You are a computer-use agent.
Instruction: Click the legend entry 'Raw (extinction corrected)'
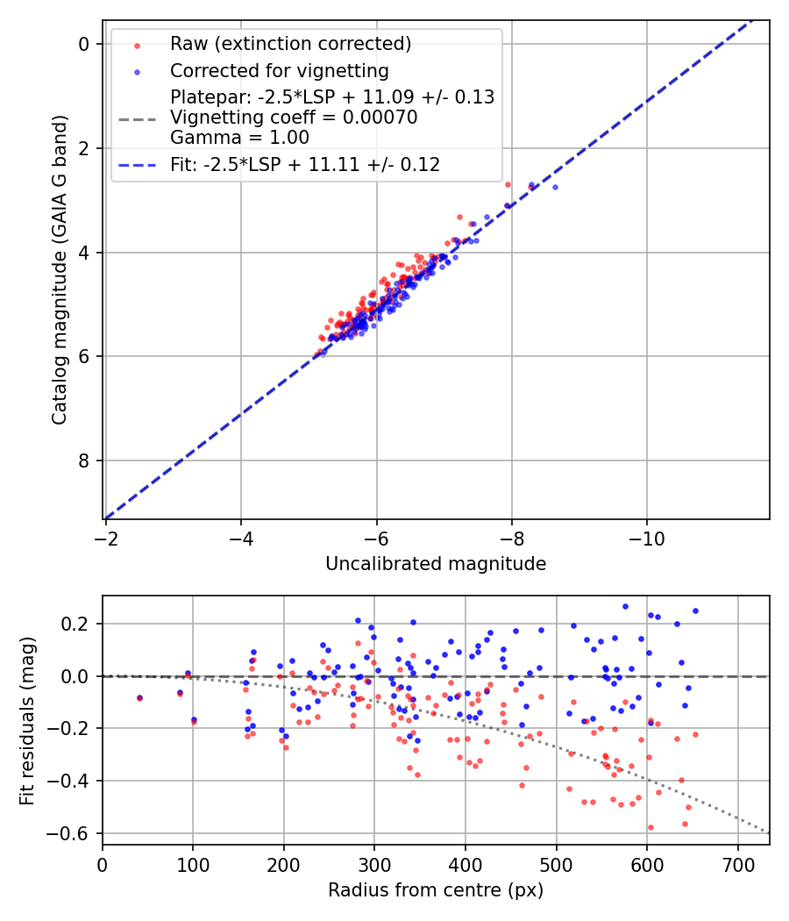[290, 44]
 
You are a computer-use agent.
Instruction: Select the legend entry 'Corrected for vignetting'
[280, 70]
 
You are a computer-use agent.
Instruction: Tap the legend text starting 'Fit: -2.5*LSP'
[305, 164]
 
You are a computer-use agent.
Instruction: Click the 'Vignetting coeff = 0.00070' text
[294, 117]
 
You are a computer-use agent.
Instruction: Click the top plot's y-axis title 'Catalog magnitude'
[59, 268]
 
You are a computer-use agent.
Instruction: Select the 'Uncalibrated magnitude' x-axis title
[436, 564]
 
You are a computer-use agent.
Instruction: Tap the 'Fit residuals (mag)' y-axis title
[27, 720]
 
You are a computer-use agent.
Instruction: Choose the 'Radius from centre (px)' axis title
[436, 890]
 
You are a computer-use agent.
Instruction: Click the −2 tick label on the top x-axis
[106, 536]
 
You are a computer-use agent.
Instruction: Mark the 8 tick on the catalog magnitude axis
[84, 460]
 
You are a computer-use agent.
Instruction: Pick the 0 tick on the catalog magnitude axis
[84, 44]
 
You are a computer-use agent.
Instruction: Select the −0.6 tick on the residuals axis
[74, 832]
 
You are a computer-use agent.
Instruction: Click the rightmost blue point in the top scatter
[555, 187]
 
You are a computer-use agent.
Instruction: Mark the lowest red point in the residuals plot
[650, 827]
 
